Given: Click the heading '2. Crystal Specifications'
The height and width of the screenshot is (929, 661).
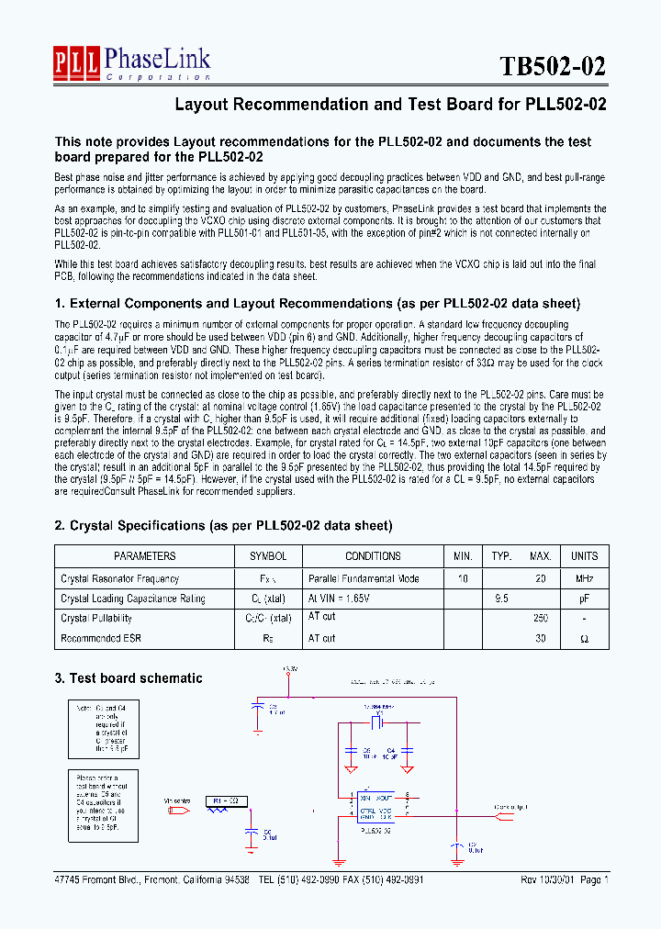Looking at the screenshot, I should coord(223,526).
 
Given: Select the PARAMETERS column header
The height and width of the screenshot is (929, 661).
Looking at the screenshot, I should coord(144,556).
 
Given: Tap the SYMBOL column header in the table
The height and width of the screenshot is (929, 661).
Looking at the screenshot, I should coord(268,556).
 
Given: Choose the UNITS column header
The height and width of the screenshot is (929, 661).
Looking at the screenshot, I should coord(584,556).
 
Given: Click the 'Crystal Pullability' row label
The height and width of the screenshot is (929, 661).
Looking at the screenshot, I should coord(96,618).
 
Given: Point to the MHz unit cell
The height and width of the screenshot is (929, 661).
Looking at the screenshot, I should coord(584,579).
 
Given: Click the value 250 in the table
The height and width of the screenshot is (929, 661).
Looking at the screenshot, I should coord(541,618).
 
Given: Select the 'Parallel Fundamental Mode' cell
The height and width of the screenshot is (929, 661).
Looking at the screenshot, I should coord(364,579).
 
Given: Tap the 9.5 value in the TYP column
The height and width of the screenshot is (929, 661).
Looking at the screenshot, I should coord(501,599).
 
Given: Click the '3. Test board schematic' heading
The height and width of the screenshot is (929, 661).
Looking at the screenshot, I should coord(129,678).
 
